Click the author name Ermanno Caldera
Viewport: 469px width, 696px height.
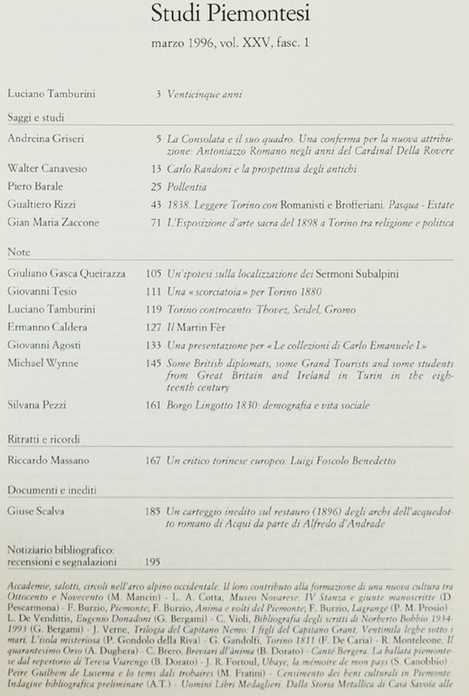[46, 324]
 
